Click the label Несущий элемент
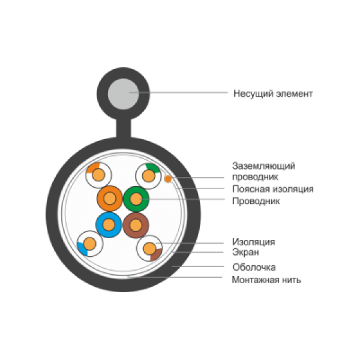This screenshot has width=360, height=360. tap(273, 94)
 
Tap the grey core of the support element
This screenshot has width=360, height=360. tap(123, 94)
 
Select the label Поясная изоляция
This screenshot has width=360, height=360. tap(273, 189)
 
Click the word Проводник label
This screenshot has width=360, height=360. tap(256, 201)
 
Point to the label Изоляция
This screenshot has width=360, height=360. tap(253, 242)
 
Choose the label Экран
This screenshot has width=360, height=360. tap(245, 252)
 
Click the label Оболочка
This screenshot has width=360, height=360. tap(254, 267)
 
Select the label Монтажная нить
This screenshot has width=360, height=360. tap(266, 280)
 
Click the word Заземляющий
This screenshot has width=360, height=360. tap(263, 166)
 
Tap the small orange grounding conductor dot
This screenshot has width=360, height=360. tap(168, 179)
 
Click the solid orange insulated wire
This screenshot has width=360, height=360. tap(110, 199)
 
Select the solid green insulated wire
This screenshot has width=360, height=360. tap(136, 199)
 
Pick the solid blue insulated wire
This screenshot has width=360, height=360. tap(109, 225)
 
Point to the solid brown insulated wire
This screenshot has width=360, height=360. tap(136, 226)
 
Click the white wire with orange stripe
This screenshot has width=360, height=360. tap(98, 175)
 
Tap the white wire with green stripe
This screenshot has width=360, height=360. tap(149, 176)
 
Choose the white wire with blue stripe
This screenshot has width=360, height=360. tap(90, 244)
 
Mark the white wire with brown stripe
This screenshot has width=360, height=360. tap(149, 248)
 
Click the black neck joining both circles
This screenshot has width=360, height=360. tap(124, 128)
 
